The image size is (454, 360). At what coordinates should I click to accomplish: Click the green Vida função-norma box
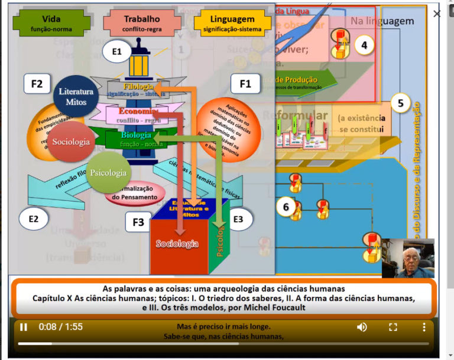point(52,24)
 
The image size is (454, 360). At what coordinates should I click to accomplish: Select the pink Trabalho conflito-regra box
point(141,24)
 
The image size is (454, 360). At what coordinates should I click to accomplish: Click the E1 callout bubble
point(116,52)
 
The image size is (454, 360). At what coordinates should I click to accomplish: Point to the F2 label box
point(37,84)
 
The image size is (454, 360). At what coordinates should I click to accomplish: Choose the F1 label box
point(245,84)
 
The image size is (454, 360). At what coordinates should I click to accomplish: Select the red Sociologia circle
point(70,142)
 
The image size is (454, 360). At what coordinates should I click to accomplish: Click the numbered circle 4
point(364,45)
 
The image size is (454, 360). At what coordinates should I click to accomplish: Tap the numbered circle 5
point(400,103)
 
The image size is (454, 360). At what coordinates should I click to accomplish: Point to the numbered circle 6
point(286,207)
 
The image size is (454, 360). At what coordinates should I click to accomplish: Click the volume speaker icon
point(362,327)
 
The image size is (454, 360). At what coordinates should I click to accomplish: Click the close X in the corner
point(437,14)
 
